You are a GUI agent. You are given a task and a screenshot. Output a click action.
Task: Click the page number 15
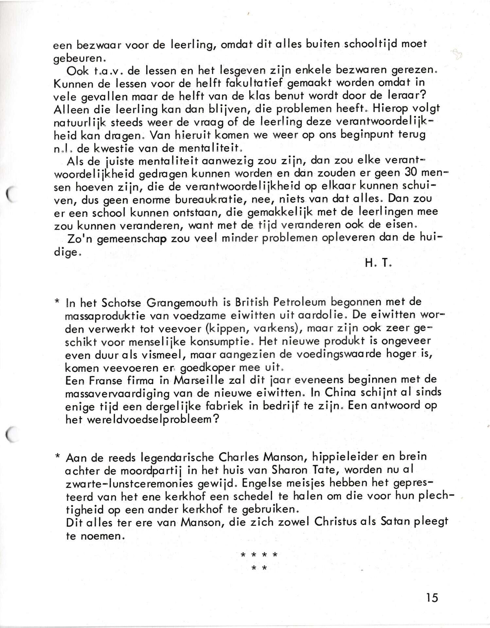(432, 597)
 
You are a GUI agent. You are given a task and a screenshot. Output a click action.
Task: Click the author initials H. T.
(378, 264)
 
